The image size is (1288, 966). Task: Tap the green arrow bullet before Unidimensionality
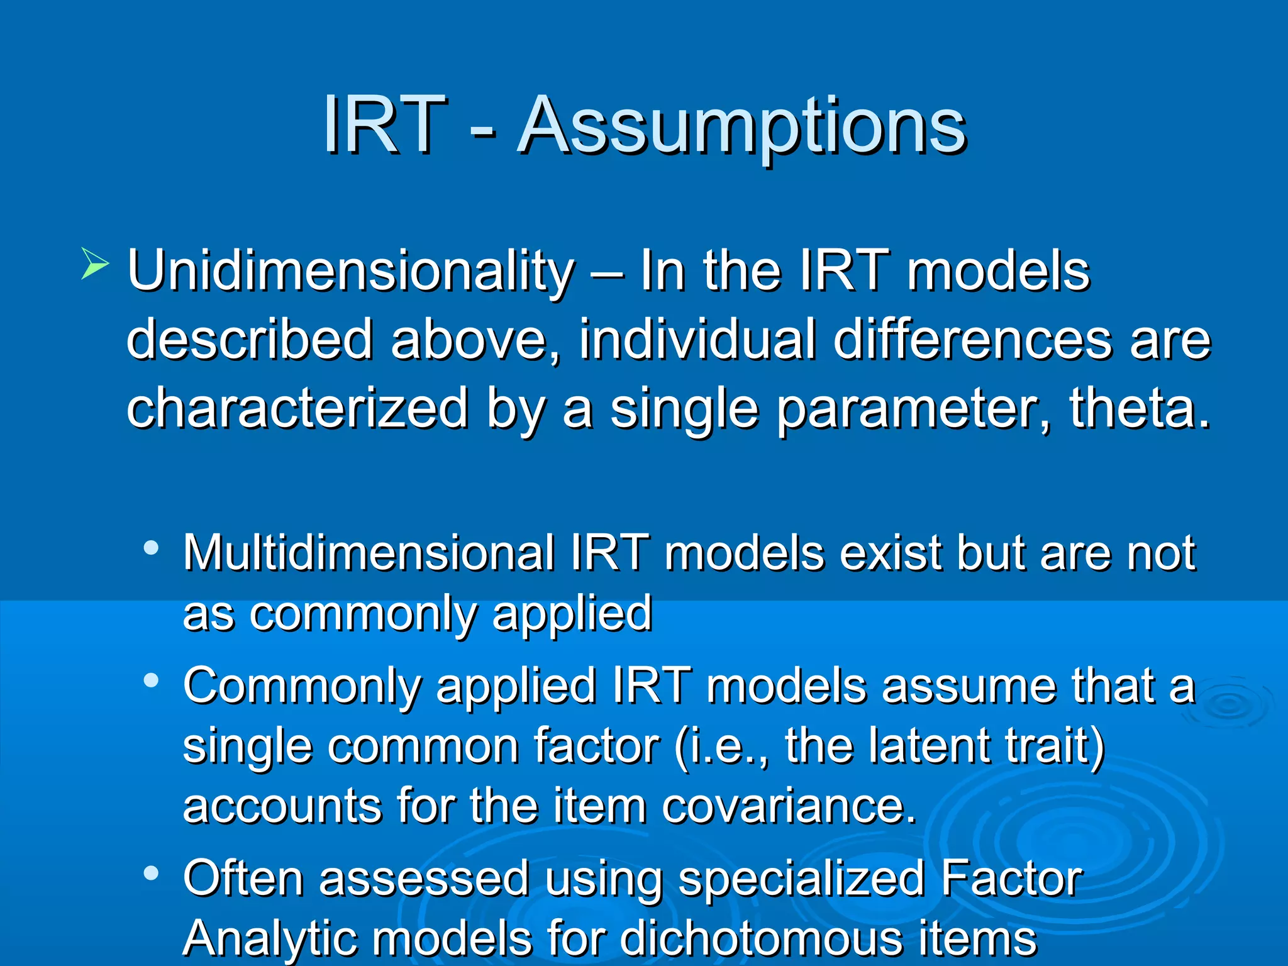(95, 264)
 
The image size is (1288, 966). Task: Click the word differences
(972, 340)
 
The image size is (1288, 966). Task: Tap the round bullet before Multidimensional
(151, 548)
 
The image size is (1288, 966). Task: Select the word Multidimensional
(369, 553)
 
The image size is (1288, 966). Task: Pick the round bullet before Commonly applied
(151, 680)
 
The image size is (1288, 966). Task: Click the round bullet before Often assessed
(151, 873)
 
